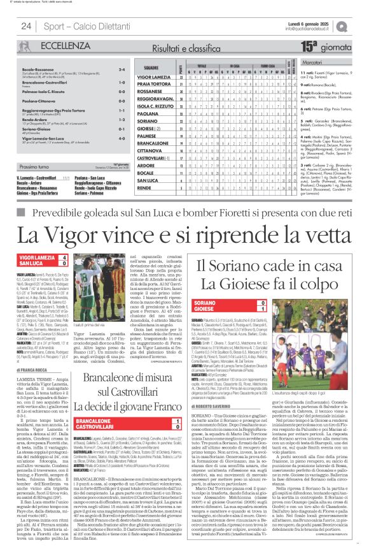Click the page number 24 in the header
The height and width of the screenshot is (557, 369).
click(x=26, y=26)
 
